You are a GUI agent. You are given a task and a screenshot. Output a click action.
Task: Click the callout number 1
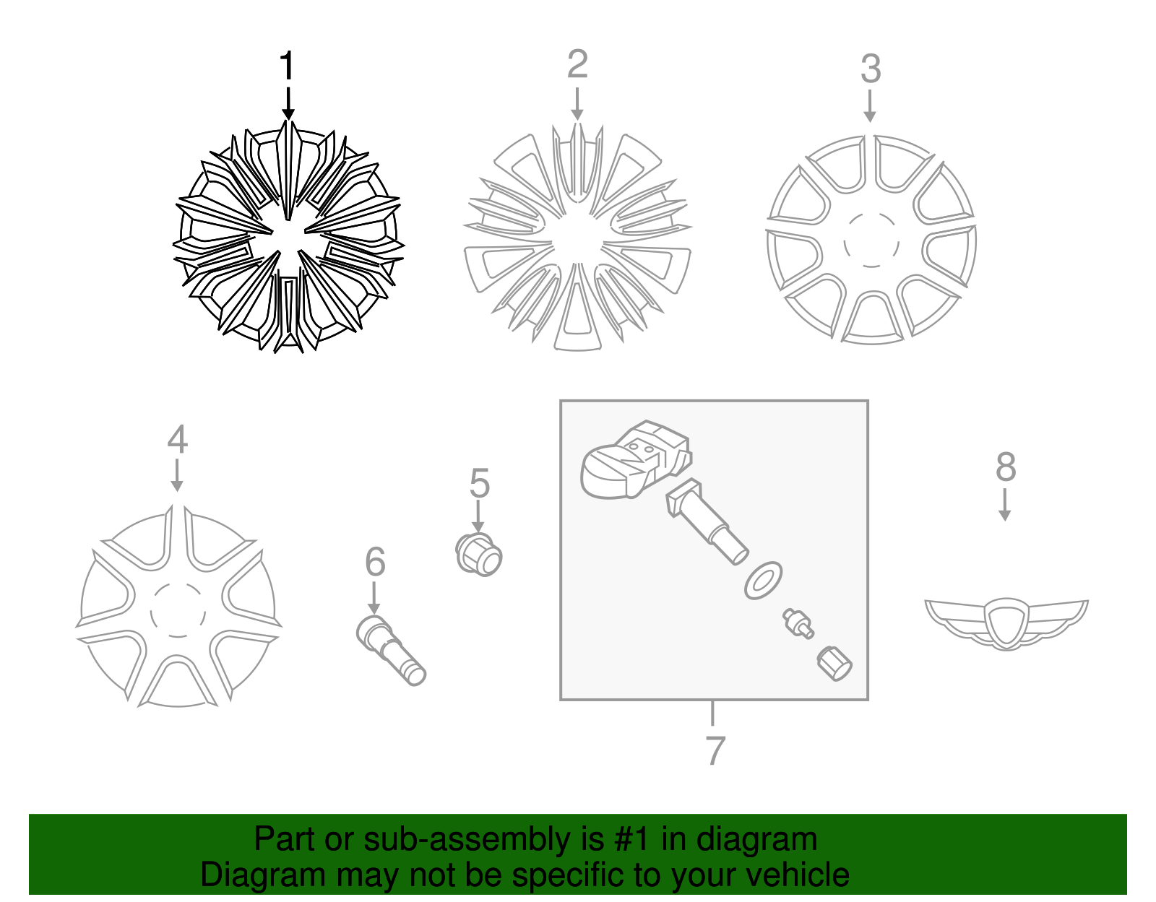(288, 66)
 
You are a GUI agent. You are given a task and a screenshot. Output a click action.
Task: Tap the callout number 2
(577, 65)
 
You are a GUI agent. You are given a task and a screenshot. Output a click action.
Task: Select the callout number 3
(871, 69)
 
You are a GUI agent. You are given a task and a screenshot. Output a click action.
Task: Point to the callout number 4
(177, 440)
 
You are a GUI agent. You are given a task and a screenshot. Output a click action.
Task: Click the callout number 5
(479, 483)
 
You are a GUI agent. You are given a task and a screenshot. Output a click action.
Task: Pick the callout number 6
(375, 562)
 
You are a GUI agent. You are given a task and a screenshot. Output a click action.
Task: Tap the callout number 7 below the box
(714, 751)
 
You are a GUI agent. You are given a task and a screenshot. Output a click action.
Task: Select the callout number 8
(1005, 467)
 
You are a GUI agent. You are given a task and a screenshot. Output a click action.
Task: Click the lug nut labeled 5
(479, 555)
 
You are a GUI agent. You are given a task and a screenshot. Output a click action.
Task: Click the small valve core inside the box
(797, 623)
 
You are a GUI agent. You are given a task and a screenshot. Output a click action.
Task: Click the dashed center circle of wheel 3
(871, 240)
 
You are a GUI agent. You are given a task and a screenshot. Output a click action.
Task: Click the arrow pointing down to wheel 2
(577, 105)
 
